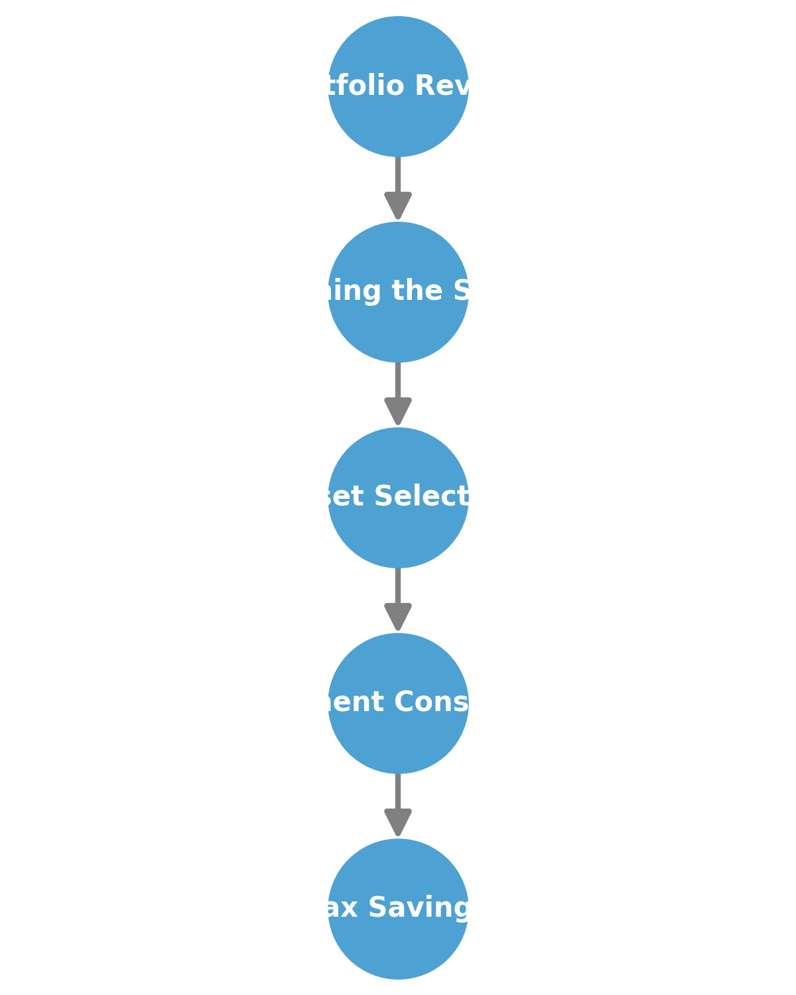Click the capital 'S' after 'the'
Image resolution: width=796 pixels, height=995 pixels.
click(462, 291)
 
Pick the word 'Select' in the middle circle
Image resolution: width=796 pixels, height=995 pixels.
click(422, 496)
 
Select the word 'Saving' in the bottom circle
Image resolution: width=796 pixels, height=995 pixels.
click(419, 908)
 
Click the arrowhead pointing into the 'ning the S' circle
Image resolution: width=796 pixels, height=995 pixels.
click(398, 205)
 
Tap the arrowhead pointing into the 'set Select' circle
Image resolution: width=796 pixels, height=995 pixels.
click(398, 411)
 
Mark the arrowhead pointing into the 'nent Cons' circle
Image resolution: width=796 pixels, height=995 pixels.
click(398, 616)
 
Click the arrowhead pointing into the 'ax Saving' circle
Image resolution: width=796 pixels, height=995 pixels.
click(398, 822)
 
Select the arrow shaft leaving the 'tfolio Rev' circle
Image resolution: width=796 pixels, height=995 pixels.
click(398, 174)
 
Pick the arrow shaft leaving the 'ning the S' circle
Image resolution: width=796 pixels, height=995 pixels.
click(398, 380)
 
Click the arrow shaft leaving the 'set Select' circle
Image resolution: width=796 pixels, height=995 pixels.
click(398, 586)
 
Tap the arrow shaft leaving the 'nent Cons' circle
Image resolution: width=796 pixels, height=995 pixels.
click(398, 791)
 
